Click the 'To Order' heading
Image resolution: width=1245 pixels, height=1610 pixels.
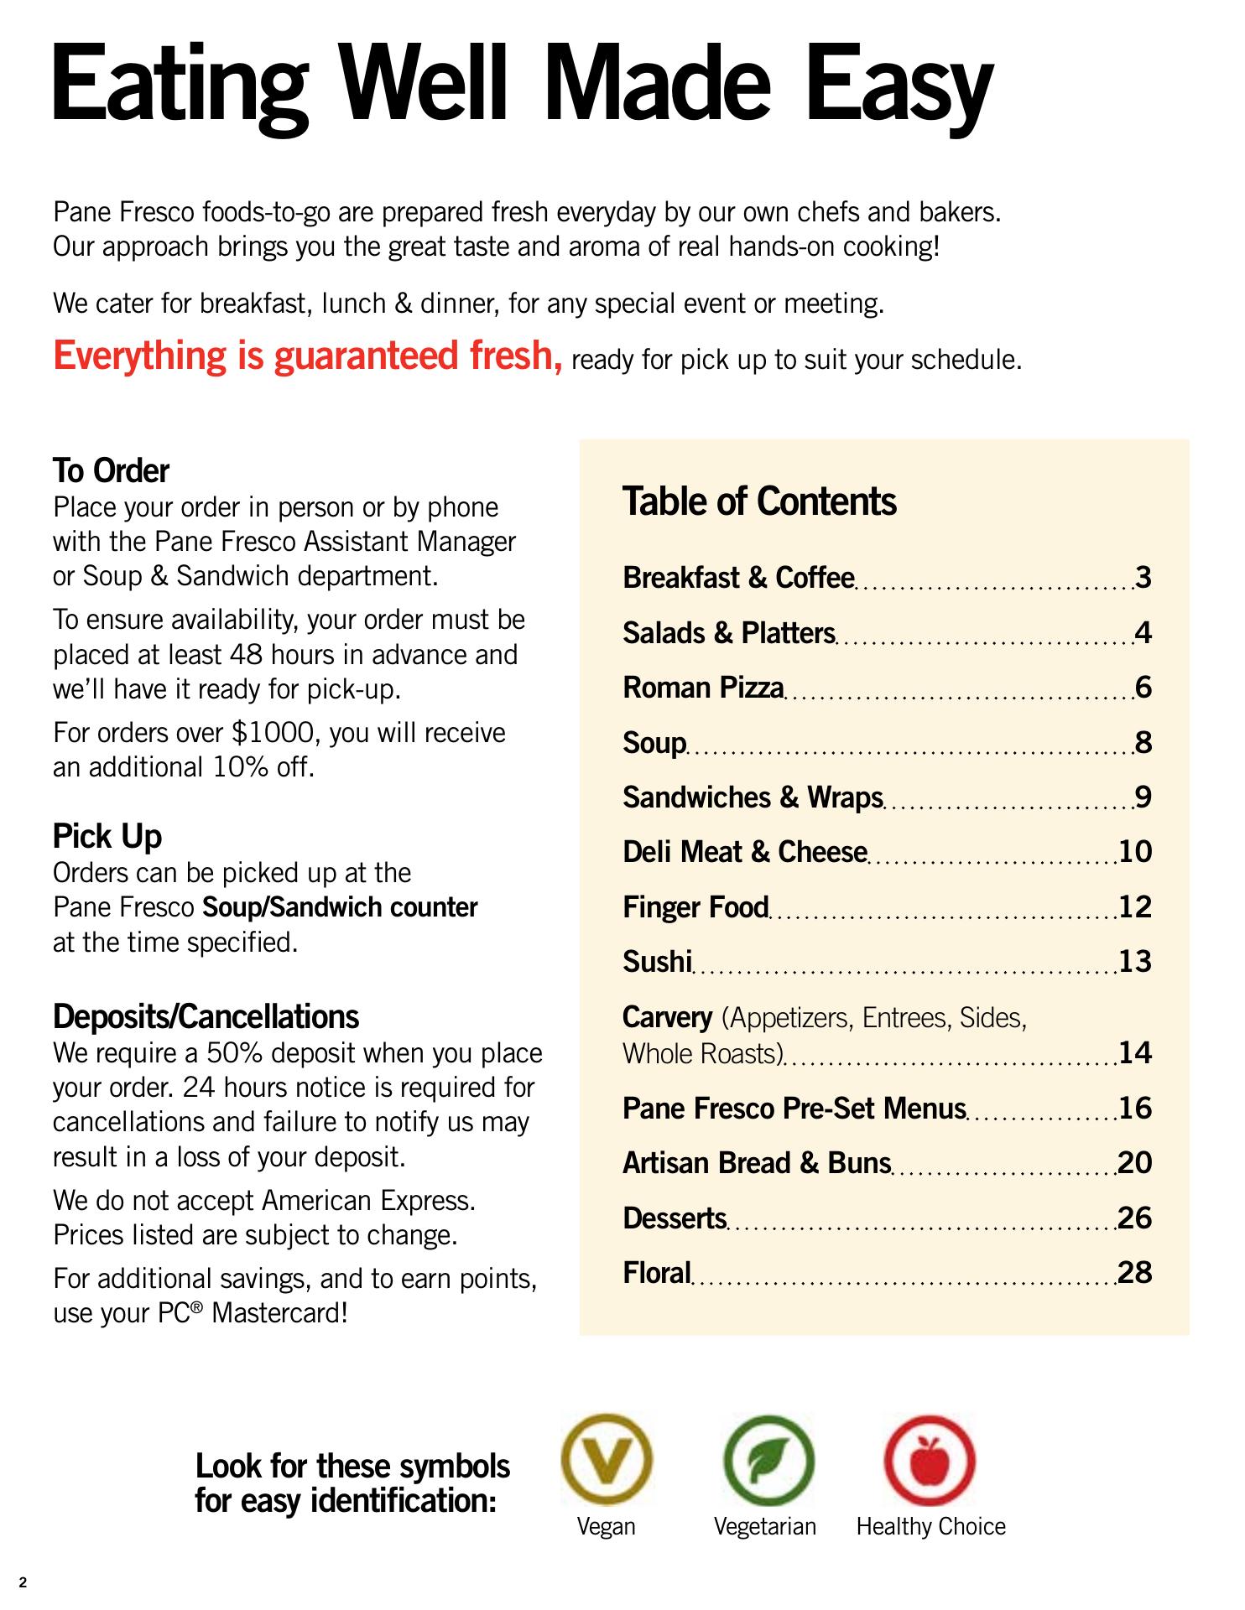click(111, 471)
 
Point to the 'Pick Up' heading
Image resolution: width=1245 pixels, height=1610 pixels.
click(107, 836)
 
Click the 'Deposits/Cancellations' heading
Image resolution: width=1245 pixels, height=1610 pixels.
click(206, 1016)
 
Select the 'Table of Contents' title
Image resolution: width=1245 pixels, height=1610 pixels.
click(759, 501)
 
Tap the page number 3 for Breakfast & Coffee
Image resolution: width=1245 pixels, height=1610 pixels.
click(1143, 578)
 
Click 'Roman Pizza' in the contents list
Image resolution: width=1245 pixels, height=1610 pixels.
click(703, 688)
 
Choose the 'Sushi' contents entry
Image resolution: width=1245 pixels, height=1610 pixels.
click(657, 962)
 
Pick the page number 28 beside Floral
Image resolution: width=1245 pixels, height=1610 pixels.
click(1135, 1273)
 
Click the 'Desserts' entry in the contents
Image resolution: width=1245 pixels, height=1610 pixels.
click(675, 1218)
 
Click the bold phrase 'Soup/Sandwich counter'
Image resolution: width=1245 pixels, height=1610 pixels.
click(341, 907)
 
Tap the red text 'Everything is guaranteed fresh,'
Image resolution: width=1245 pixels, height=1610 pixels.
click(308, 356)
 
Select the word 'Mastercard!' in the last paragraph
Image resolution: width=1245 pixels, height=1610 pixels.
click(279, 1312)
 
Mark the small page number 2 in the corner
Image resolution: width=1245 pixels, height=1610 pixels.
click(23, 1583)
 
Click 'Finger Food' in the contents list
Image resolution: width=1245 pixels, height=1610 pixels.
click(695, 907)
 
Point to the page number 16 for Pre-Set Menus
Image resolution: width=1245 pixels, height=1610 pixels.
click(1135, 1109)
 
